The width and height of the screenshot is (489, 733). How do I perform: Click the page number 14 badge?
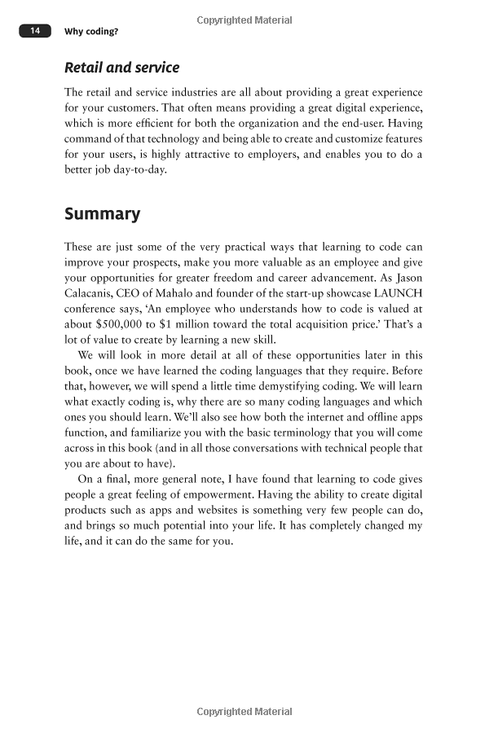click(x=35, y=31)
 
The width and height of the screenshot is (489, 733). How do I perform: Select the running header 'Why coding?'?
click(x=90, y=32)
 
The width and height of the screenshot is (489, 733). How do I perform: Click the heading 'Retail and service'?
click(x=122, y=68)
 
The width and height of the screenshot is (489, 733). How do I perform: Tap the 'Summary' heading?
click(x=102, y=214)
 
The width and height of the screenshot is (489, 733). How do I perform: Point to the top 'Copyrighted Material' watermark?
click(x=244, y=20)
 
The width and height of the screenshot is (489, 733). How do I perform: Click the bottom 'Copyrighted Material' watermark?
click(x=244, y=712)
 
